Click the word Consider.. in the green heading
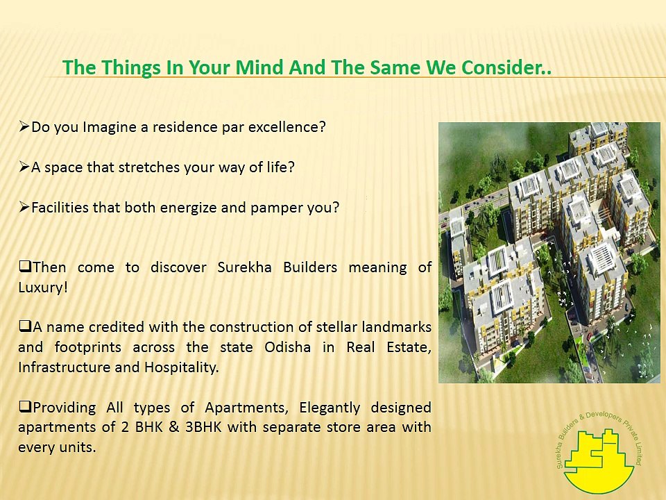[x=506, y=67]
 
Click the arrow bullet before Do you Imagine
[x=24, y=126]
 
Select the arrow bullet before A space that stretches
[x=24, y=167]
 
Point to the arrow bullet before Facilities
[x=24, y=207]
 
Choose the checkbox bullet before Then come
[x=25, y=267]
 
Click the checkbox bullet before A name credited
[x=25, y=326]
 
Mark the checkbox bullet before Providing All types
[x=25, y=407]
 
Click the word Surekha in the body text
[x=244, y=267]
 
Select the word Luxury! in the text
[x=43, y=287]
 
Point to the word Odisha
[x=287, y=347]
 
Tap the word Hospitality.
[x=181, y=367]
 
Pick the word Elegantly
[x=329, y=408]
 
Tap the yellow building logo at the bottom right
[x=599, y=458]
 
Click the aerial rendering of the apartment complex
[x=549, y=253]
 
